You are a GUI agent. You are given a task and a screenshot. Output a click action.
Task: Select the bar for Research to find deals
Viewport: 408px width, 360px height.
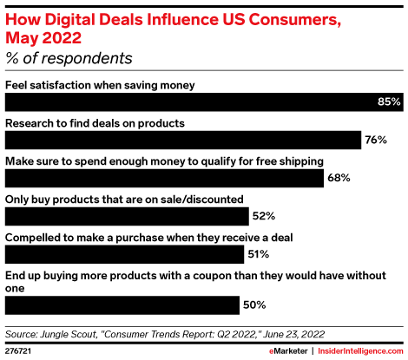(x=183, y=140)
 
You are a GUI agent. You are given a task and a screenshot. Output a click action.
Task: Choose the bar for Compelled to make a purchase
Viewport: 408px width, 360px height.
(x=124, y=254)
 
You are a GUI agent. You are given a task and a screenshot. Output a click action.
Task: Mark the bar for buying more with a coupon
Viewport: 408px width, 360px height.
(x=122, y=304)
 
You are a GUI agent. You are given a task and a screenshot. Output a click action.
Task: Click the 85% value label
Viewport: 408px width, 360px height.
(x=388, y=101)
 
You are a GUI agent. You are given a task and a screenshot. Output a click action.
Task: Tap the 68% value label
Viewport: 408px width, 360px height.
(x=339, y=178)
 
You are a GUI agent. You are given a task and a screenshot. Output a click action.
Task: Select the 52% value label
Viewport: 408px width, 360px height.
(x=263, y=216)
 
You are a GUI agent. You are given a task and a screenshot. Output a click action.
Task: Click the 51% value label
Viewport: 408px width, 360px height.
(x=258, y=254)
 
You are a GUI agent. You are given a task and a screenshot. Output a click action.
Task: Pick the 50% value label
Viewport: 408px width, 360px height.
(x=253, y=304)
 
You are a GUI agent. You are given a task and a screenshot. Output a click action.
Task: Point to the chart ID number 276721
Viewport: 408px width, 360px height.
(x=19, y=350)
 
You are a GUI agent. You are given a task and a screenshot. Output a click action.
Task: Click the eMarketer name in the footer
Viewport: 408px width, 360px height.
(x=279, y=350)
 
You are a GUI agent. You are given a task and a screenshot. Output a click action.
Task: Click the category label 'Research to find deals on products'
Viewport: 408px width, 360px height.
(x=95, y=123)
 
